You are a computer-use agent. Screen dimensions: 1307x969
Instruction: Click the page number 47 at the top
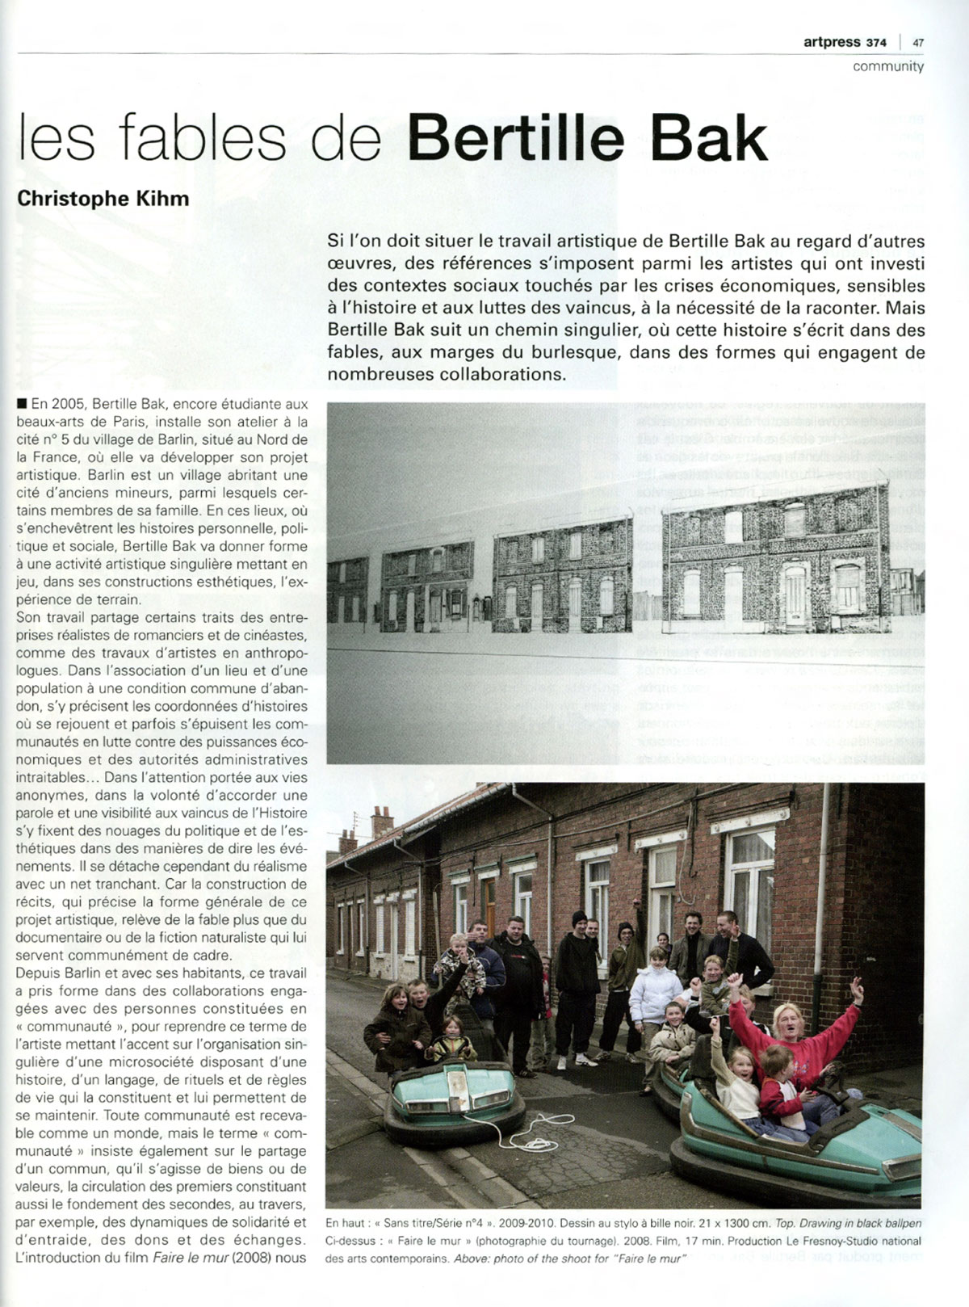(918, 43)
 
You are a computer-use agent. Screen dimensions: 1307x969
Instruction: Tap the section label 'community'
(888, 66)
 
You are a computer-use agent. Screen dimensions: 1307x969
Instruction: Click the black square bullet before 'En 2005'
(20, 404)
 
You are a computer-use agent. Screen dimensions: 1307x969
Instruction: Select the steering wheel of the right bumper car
(840, 1097)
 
